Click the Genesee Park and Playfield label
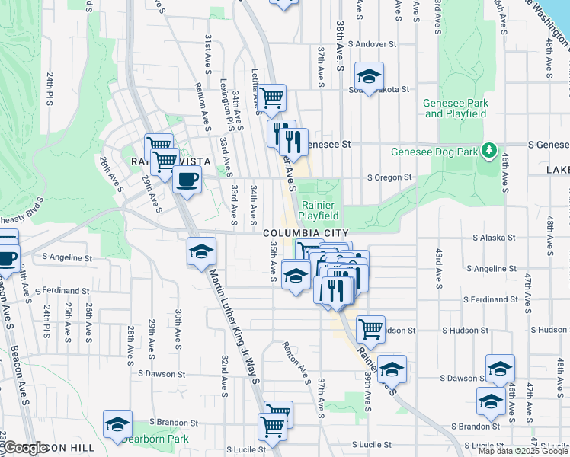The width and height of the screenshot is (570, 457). coord(456,107)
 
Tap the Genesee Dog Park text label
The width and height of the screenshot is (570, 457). coord(434,151)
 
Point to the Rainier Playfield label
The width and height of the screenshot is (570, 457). coord(319,209)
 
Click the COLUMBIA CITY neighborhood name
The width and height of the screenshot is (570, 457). coord(306,233)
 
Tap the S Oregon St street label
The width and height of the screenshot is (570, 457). coord(389,177)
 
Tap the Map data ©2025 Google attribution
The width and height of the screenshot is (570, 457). coord(523,451)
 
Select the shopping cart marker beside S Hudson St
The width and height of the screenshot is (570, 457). coord(370,329)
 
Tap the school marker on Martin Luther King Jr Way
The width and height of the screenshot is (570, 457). coord(201,251)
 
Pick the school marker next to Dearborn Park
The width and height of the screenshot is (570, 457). coord(117,423)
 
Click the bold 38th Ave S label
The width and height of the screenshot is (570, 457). coord(340,57)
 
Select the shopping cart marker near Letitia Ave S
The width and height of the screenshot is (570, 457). coord(271,97)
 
